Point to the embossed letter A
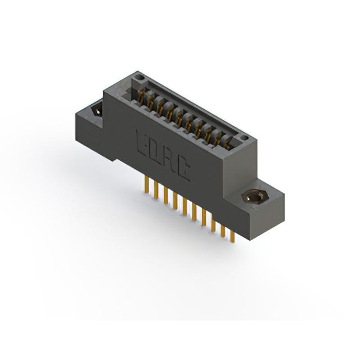tap(169, 160)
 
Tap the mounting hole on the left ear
tap(97, 111)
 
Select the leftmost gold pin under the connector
tap(147, 186)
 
